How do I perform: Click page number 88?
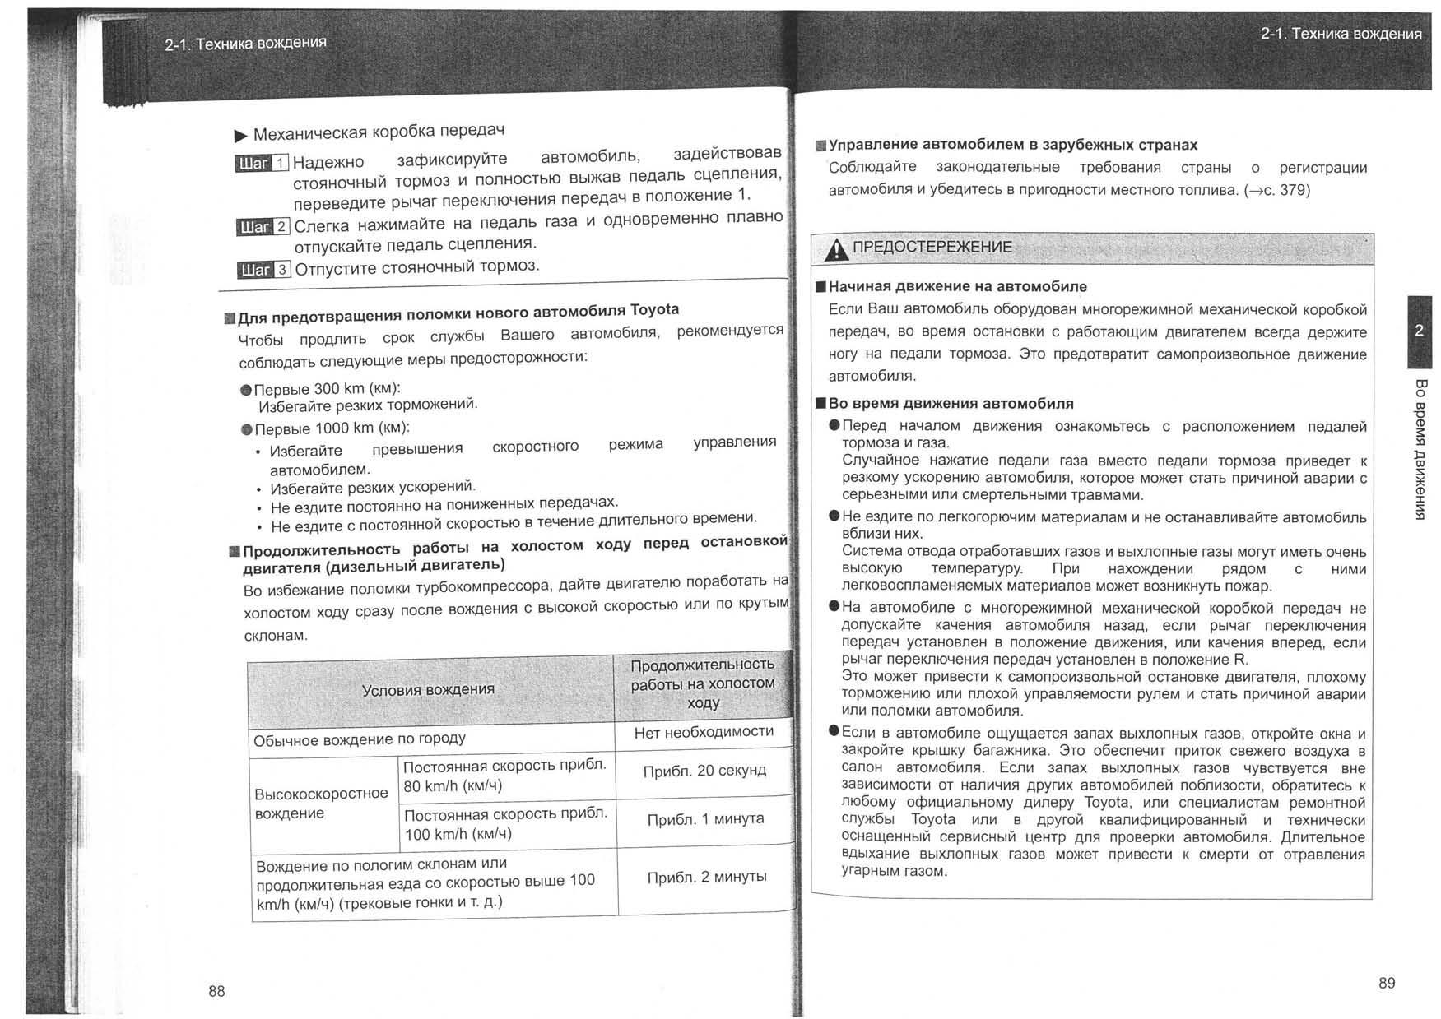pyautogui.click(x=216, y=991)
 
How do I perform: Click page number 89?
pyautogui.click(x=1387, y=983)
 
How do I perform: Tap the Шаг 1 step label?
pyautogui.click(x=262, y=163)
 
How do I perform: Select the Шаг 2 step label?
pyautogui.click(x=263, y=227)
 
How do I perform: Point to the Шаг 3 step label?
pyautogui.click(x=263, y=270)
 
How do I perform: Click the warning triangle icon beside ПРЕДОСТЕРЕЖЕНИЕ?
pyautogui.click(x=836, y=248)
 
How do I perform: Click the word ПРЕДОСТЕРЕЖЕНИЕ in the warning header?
pyautogui.click(x=932, y=247)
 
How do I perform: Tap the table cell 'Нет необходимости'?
pyautogui.click(x=704, y=732)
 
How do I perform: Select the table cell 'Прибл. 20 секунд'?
pyautogui.click(x=704, y=771)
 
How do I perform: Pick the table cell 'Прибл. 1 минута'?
pyautogui.click(x=705, y=819)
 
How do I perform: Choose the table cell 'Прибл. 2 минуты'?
pyautogui.click(x=707, y=877)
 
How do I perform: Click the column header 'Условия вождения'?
pyautogui.click(x=428, y=689)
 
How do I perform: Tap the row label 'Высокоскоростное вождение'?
pyautogui.click(x=321, y=803)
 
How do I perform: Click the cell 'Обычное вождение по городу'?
pyautogui.click(x=360, y=739)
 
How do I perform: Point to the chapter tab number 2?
pyautogui.click(x=1419, y=331)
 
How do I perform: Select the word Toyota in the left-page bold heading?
pyautogui.click(x=654, y=310)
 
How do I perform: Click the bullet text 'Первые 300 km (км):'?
pyautogui.click(x=328, y=388)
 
